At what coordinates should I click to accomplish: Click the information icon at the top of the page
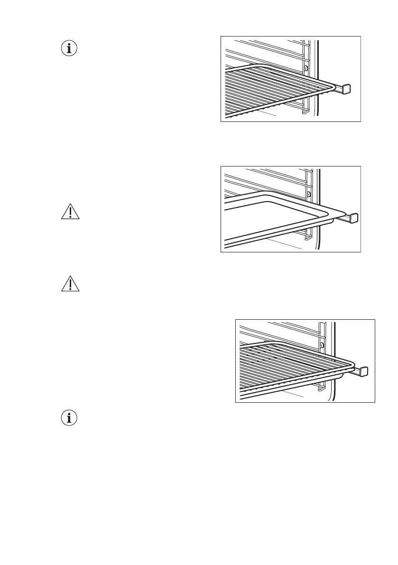(70, 48)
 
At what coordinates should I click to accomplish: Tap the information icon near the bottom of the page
(70, 418)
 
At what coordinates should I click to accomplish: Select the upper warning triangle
(70, 212)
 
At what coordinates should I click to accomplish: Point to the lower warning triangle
(70, 283)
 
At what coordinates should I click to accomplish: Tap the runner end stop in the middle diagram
(353, 218)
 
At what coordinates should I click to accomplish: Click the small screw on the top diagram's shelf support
(306, 68)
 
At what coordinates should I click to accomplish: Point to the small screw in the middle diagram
(309, 195)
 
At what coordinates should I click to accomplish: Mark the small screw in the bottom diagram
(322, 345)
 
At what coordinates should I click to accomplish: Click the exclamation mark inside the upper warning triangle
(70, 213)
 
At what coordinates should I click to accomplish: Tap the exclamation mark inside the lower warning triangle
(70, 284)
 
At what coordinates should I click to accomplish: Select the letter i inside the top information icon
(70, 48)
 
